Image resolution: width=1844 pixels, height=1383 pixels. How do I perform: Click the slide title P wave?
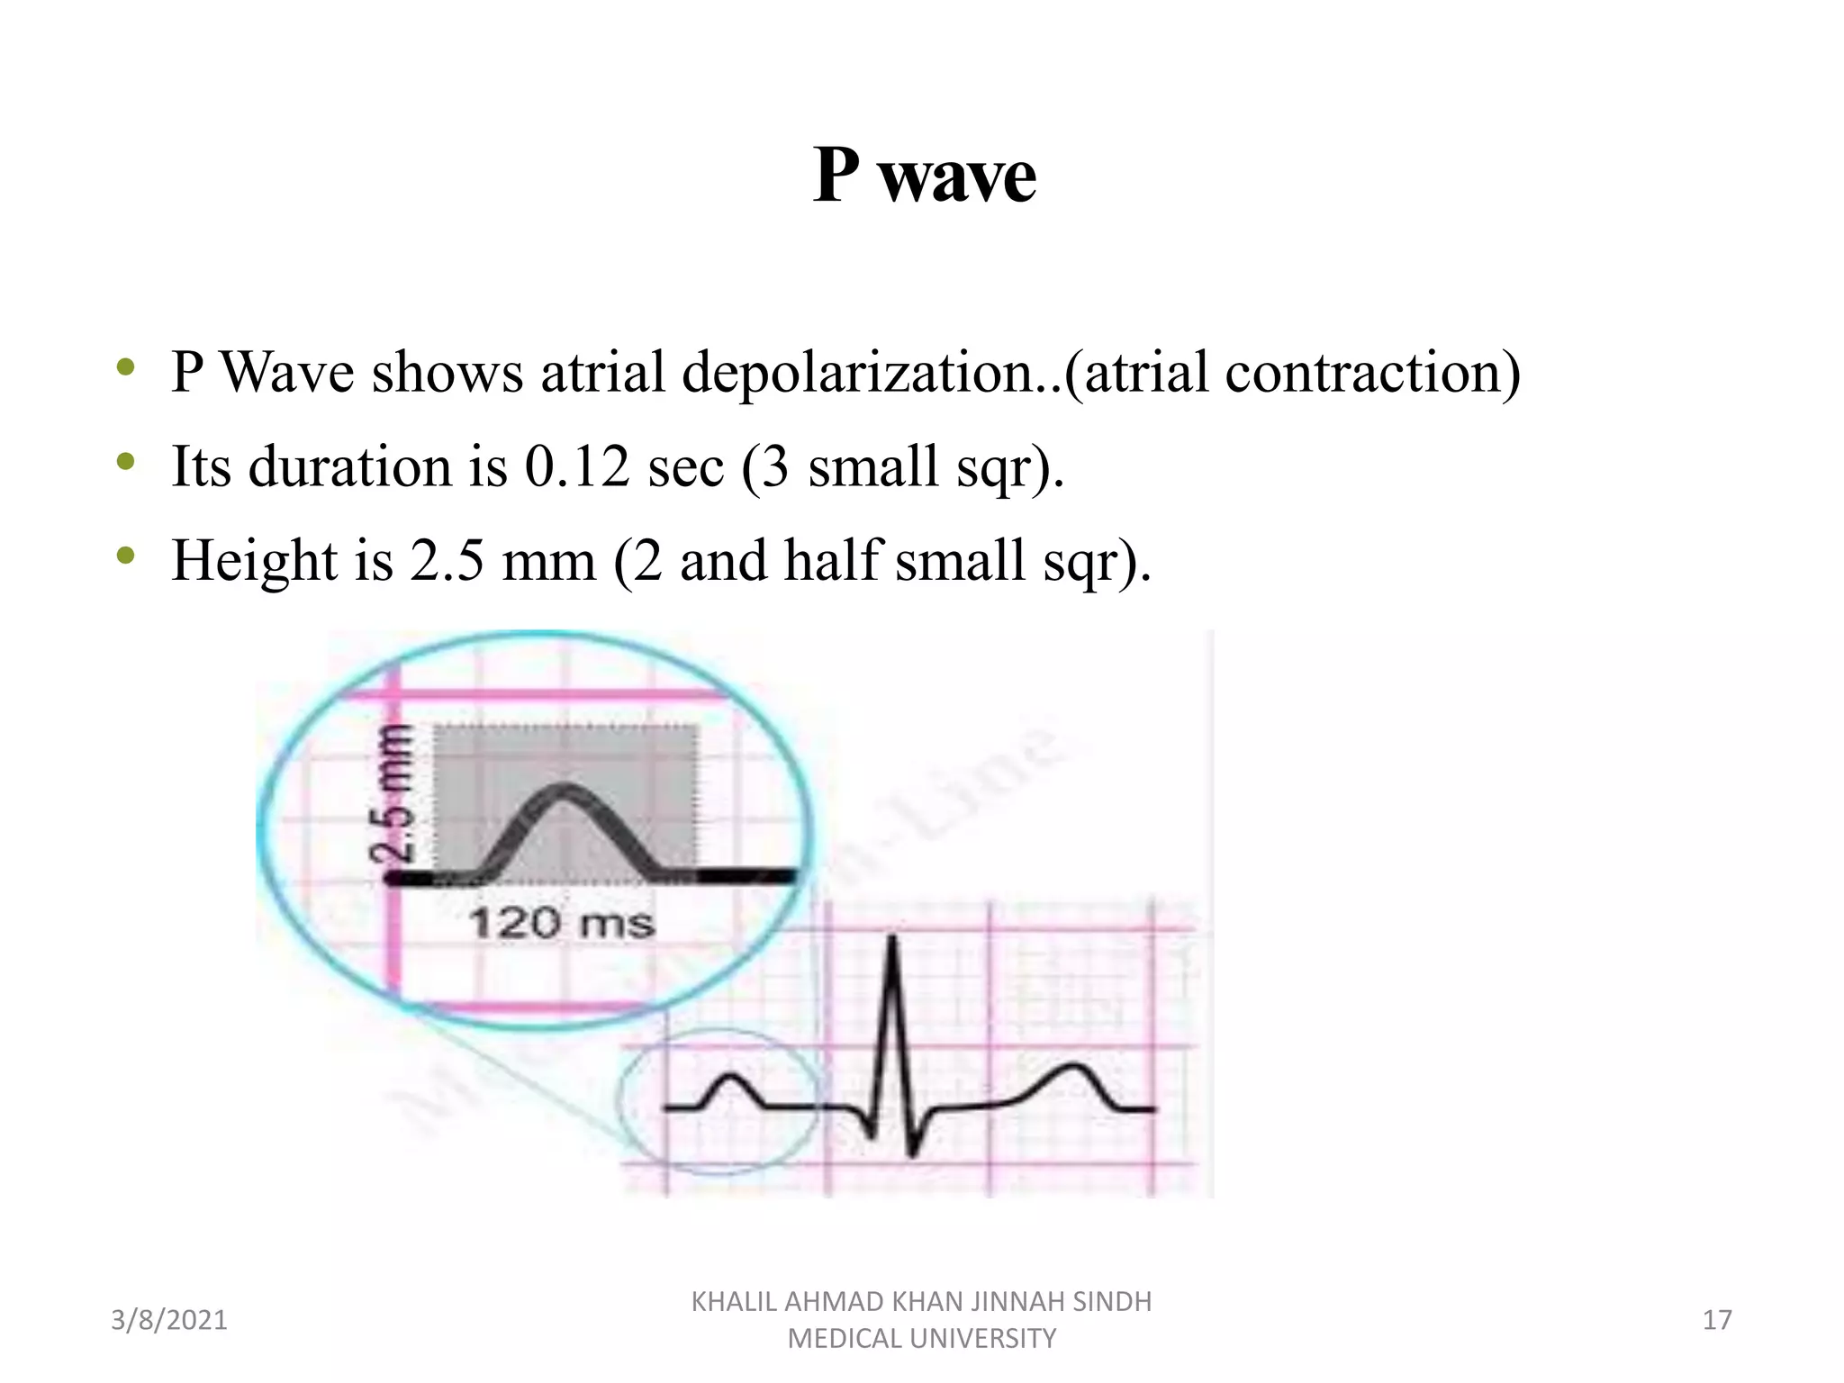point(924,175)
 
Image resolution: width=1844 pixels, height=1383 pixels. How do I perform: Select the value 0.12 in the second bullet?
point(576,466)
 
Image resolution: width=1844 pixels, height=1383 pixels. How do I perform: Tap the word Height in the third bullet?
point(255,560)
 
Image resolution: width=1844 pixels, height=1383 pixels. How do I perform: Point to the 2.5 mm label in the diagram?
point(394,792)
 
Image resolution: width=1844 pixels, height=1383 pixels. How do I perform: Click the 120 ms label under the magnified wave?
point(562,924)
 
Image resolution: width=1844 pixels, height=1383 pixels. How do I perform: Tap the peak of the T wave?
point(1073,1068)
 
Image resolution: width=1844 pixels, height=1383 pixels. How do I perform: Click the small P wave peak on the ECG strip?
point(732,1076)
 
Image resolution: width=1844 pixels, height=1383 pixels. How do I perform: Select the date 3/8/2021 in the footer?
point(169,1320)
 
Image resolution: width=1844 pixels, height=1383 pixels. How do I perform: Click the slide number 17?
point(1717,1320)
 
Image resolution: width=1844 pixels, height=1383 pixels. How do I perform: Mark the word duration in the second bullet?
point(349,466)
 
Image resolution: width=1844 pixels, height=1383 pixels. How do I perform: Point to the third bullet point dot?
point(126,556)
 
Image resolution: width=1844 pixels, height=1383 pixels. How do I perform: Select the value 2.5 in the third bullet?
point(447,560)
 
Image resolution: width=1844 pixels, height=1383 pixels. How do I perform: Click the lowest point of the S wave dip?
point(912,1152)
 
